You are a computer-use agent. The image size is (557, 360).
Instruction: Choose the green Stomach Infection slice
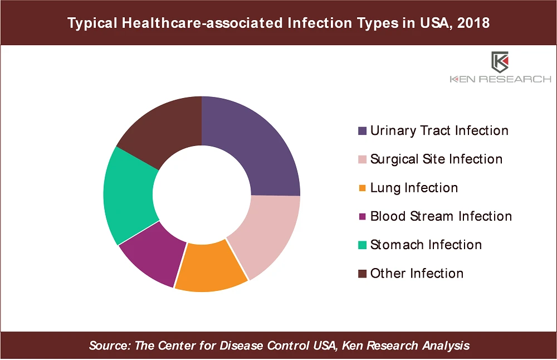point(128,195)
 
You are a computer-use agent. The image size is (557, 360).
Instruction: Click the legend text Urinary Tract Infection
point(439,131)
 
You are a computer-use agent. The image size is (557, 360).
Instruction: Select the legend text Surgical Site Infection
point(436,159)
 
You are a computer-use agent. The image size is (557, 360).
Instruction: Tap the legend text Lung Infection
point(414,188)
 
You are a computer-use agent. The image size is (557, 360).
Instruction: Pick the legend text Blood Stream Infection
point(441,216)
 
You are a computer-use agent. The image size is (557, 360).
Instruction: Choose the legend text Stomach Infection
point(426,245)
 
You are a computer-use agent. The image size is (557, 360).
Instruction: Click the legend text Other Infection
point(417,274)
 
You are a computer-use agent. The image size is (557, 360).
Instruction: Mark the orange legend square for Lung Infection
point(363,188)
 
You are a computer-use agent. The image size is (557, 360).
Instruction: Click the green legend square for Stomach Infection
point(363,245)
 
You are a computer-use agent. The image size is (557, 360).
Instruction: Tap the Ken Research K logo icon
point(500,62)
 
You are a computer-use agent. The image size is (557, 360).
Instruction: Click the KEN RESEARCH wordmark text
point(500,80)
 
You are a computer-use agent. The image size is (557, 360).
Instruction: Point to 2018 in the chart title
point(473,23)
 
